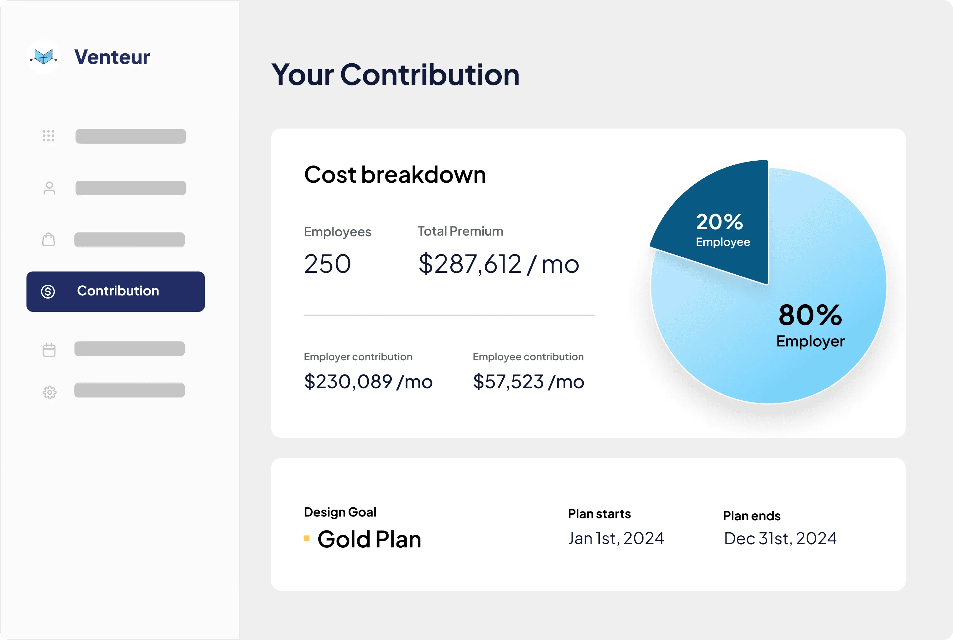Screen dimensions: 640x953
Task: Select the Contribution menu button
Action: point(116,291)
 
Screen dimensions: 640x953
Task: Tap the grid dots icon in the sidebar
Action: point(49,135)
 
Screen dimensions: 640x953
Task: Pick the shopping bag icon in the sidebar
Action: point(49,240)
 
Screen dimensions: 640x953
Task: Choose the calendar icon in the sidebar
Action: point(49,350)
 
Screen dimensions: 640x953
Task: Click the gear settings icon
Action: point(49,392)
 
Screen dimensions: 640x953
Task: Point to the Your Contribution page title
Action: point(395,75)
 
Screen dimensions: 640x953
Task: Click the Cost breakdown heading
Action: point(395,175)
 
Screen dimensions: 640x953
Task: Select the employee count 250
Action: point(327,264)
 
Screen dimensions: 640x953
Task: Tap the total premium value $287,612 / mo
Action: point(499,264)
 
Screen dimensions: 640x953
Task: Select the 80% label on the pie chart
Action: point(810,315)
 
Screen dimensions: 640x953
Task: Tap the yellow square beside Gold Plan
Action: point(307,538)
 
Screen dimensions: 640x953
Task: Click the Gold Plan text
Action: point(369,539)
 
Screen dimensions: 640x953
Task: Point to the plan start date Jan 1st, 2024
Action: point(616,538)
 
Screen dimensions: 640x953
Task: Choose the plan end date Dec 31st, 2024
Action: point(780,538)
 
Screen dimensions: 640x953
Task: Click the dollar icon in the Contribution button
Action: point(48,291)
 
